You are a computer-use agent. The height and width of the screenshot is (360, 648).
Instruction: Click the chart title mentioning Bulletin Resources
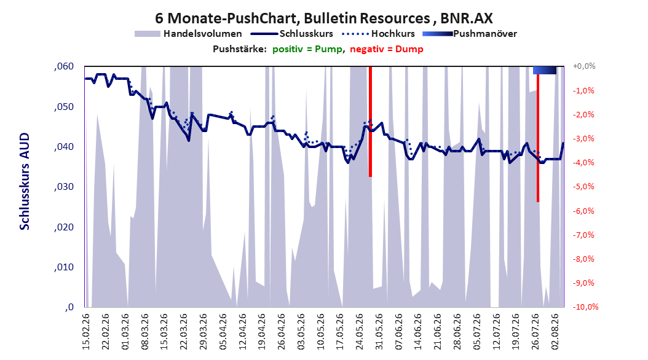pos(323,18)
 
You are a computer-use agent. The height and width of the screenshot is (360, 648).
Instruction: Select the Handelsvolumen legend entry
pos(188,34)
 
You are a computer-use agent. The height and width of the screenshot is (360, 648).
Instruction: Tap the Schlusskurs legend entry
pos(292,34)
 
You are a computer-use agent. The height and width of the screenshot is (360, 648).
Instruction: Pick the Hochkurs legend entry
pos(378,34)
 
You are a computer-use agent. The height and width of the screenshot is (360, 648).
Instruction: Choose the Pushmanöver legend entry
pos(470,34)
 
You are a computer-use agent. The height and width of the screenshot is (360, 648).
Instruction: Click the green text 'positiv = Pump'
pos(307,49)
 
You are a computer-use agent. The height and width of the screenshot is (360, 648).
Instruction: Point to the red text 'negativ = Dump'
pos(387,49)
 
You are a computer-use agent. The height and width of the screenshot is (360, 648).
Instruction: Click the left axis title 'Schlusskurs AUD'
pos(25,181)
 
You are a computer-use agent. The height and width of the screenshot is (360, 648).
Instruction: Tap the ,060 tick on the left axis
pos(64,66)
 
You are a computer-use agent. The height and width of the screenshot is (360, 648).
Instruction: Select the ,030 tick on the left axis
pos(64,187)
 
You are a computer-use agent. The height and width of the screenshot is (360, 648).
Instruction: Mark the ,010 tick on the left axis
pos(64,267)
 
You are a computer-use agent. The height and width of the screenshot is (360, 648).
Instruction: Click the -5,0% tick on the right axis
pos(583,187)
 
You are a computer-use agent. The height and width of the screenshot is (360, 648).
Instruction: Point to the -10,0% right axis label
pos(585,307)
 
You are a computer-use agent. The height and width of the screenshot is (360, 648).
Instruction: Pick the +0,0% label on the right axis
pos(584,66)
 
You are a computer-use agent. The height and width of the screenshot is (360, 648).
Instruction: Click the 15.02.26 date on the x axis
pos(86,332)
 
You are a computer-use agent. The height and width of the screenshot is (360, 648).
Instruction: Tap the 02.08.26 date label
pos(555,332)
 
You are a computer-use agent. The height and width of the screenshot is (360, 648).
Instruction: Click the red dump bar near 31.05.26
pos(370,122)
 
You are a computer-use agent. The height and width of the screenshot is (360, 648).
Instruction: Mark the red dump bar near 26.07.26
pos(538,138)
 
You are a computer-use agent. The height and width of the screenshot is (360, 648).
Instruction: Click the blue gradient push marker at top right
pos(545,70)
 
